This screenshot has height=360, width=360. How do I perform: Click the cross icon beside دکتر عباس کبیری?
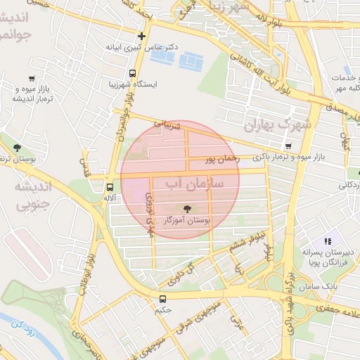point(142,35)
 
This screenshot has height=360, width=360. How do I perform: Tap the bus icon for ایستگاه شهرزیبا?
point(133,73)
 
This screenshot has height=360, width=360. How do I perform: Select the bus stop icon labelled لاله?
point(110,187)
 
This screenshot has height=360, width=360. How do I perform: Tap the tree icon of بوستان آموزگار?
point(187,208)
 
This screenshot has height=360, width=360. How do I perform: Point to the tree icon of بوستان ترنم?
point(16,148)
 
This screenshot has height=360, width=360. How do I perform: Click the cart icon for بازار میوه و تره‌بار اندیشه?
point(32,79)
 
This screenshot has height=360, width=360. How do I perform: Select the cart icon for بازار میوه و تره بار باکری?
point(288,146)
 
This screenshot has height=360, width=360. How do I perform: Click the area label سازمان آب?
point(194,184)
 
